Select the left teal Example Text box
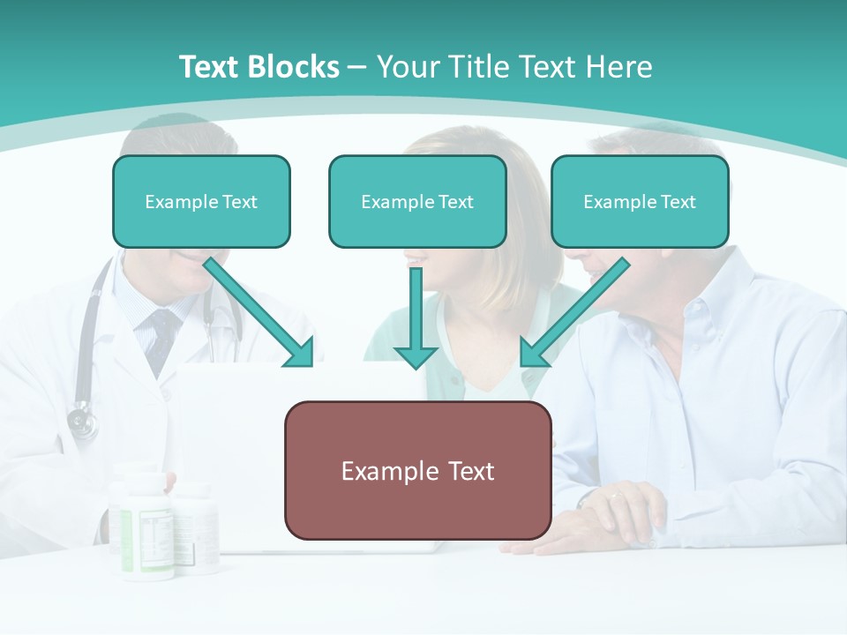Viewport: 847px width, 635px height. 201,201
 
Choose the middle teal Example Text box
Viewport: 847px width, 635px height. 417,201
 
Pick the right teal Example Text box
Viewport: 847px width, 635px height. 640,201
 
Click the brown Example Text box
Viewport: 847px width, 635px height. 417,470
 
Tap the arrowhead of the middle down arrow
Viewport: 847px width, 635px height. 416,356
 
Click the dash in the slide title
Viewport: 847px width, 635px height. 357,67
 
